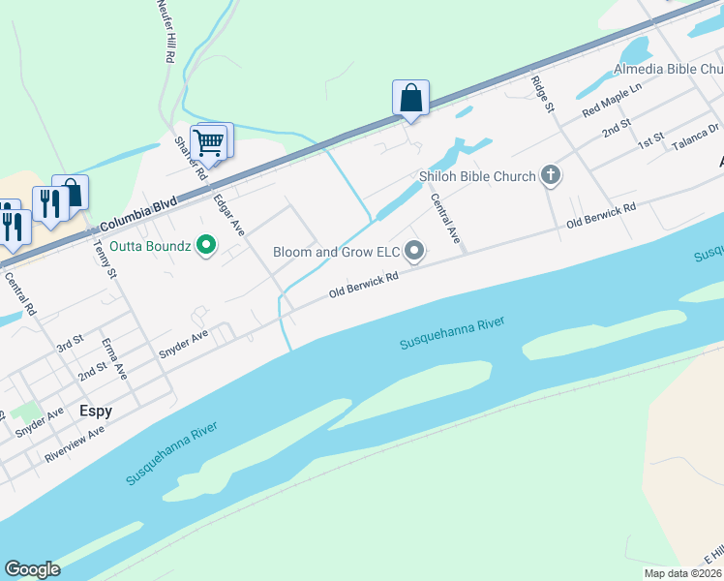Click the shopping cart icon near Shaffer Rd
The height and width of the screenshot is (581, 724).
tap(209, 143)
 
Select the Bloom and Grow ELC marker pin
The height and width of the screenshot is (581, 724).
tap(414, 252)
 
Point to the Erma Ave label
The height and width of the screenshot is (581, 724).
tap(116, 357)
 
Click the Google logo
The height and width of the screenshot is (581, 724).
tap(32, 569)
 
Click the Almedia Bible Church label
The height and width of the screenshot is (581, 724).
tap(668, 70)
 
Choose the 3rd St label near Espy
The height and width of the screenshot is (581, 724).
tap(70, 345)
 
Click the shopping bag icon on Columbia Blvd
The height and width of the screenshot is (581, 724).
tap(410, 98)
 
